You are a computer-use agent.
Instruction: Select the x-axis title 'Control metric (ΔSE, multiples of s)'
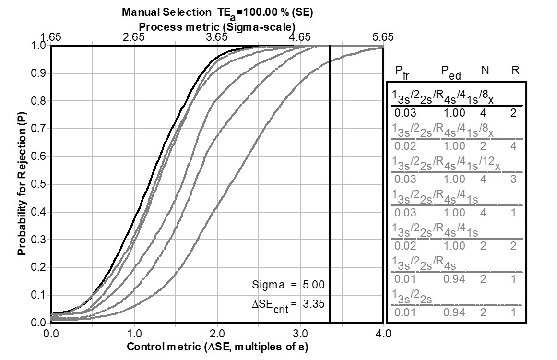pos(217,347)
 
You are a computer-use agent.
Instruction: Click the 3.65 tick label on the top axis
pos(217,37)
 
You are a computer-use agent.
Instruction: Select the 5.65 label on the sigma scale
pos(383,37)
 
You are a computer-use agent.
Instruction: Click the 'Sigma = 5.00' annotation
pos(288,285)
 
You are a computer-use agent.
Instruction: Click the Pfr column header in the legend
pos(403,72)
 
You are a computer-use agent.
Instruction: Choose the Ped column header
pos(451,72)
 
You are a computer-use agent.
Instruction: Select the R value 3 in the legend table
pos(513,179)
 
